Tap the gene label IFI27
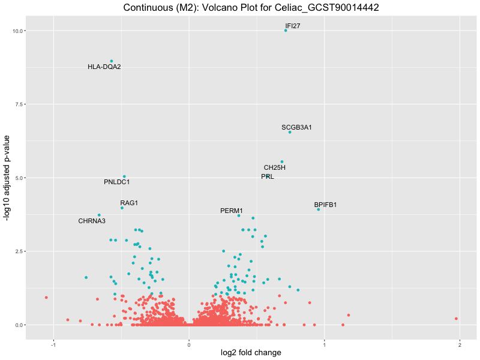pos(293,26)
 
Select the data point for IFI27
pos(286,30)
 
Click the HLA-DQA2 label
pos(104,67)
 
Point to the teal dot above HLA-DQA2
pos(112,61)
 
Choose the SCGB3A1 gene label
pos(296,127)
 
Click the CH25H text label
pos(275,167)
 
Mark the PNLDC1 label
pos(116,182)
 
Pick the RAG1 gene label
pos(129,203)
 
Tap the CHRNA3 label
pos(92,221)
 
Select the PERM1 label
pos(232,211)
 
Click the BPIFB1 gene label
pos(325,205)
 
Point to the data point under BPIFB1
pos(319,209)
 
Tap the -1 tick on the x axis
pos(54,344)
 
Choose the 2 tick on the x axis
pos(460,344)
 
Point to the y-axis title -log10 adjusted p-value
pos(8,178)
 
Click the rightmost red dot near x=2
pos(456,319)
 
